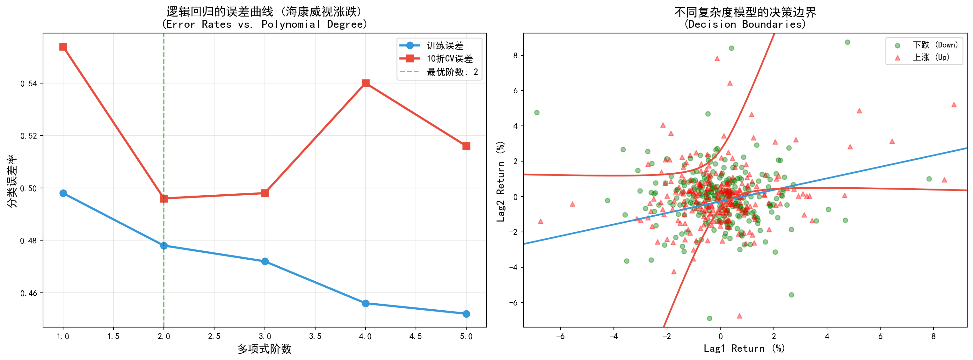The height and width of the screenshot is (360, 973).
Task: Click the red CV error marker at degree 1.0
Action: coord(63,47)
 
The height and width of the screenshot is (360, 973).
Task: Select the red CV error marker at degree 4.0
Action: coord(365,83)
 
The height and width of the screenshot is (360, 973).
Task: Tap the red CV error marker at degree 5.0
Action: coord(466,146)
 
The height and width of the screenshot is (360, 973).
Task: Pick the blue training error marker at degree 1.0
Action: coord(63,193)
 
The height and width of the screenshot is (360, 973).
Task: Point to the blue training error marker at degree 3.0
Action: coord(265,262)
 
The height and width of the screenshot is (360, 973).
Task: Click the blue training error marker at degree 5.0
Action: coord(466,314)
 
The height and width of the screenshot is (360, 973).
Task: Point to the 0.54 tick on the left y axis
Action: coord(29,83)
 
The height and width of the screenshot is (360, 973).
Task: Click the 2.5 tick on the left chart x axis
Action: coord(214,336)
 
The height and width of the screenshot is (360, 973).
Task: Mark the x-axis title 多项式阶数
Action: coord(265,349)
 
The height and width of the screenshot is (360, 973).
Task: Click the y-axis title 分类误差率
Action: coord(12,181)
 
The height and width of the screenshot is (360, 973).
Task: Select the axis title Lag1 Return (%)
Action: coord(744,348)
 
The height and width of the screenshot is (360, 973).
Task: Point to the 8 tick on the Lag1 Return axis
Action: coord(933,336)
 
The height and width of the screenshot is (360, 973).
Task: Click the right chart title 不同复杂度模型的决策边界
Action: coord(745,12)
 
